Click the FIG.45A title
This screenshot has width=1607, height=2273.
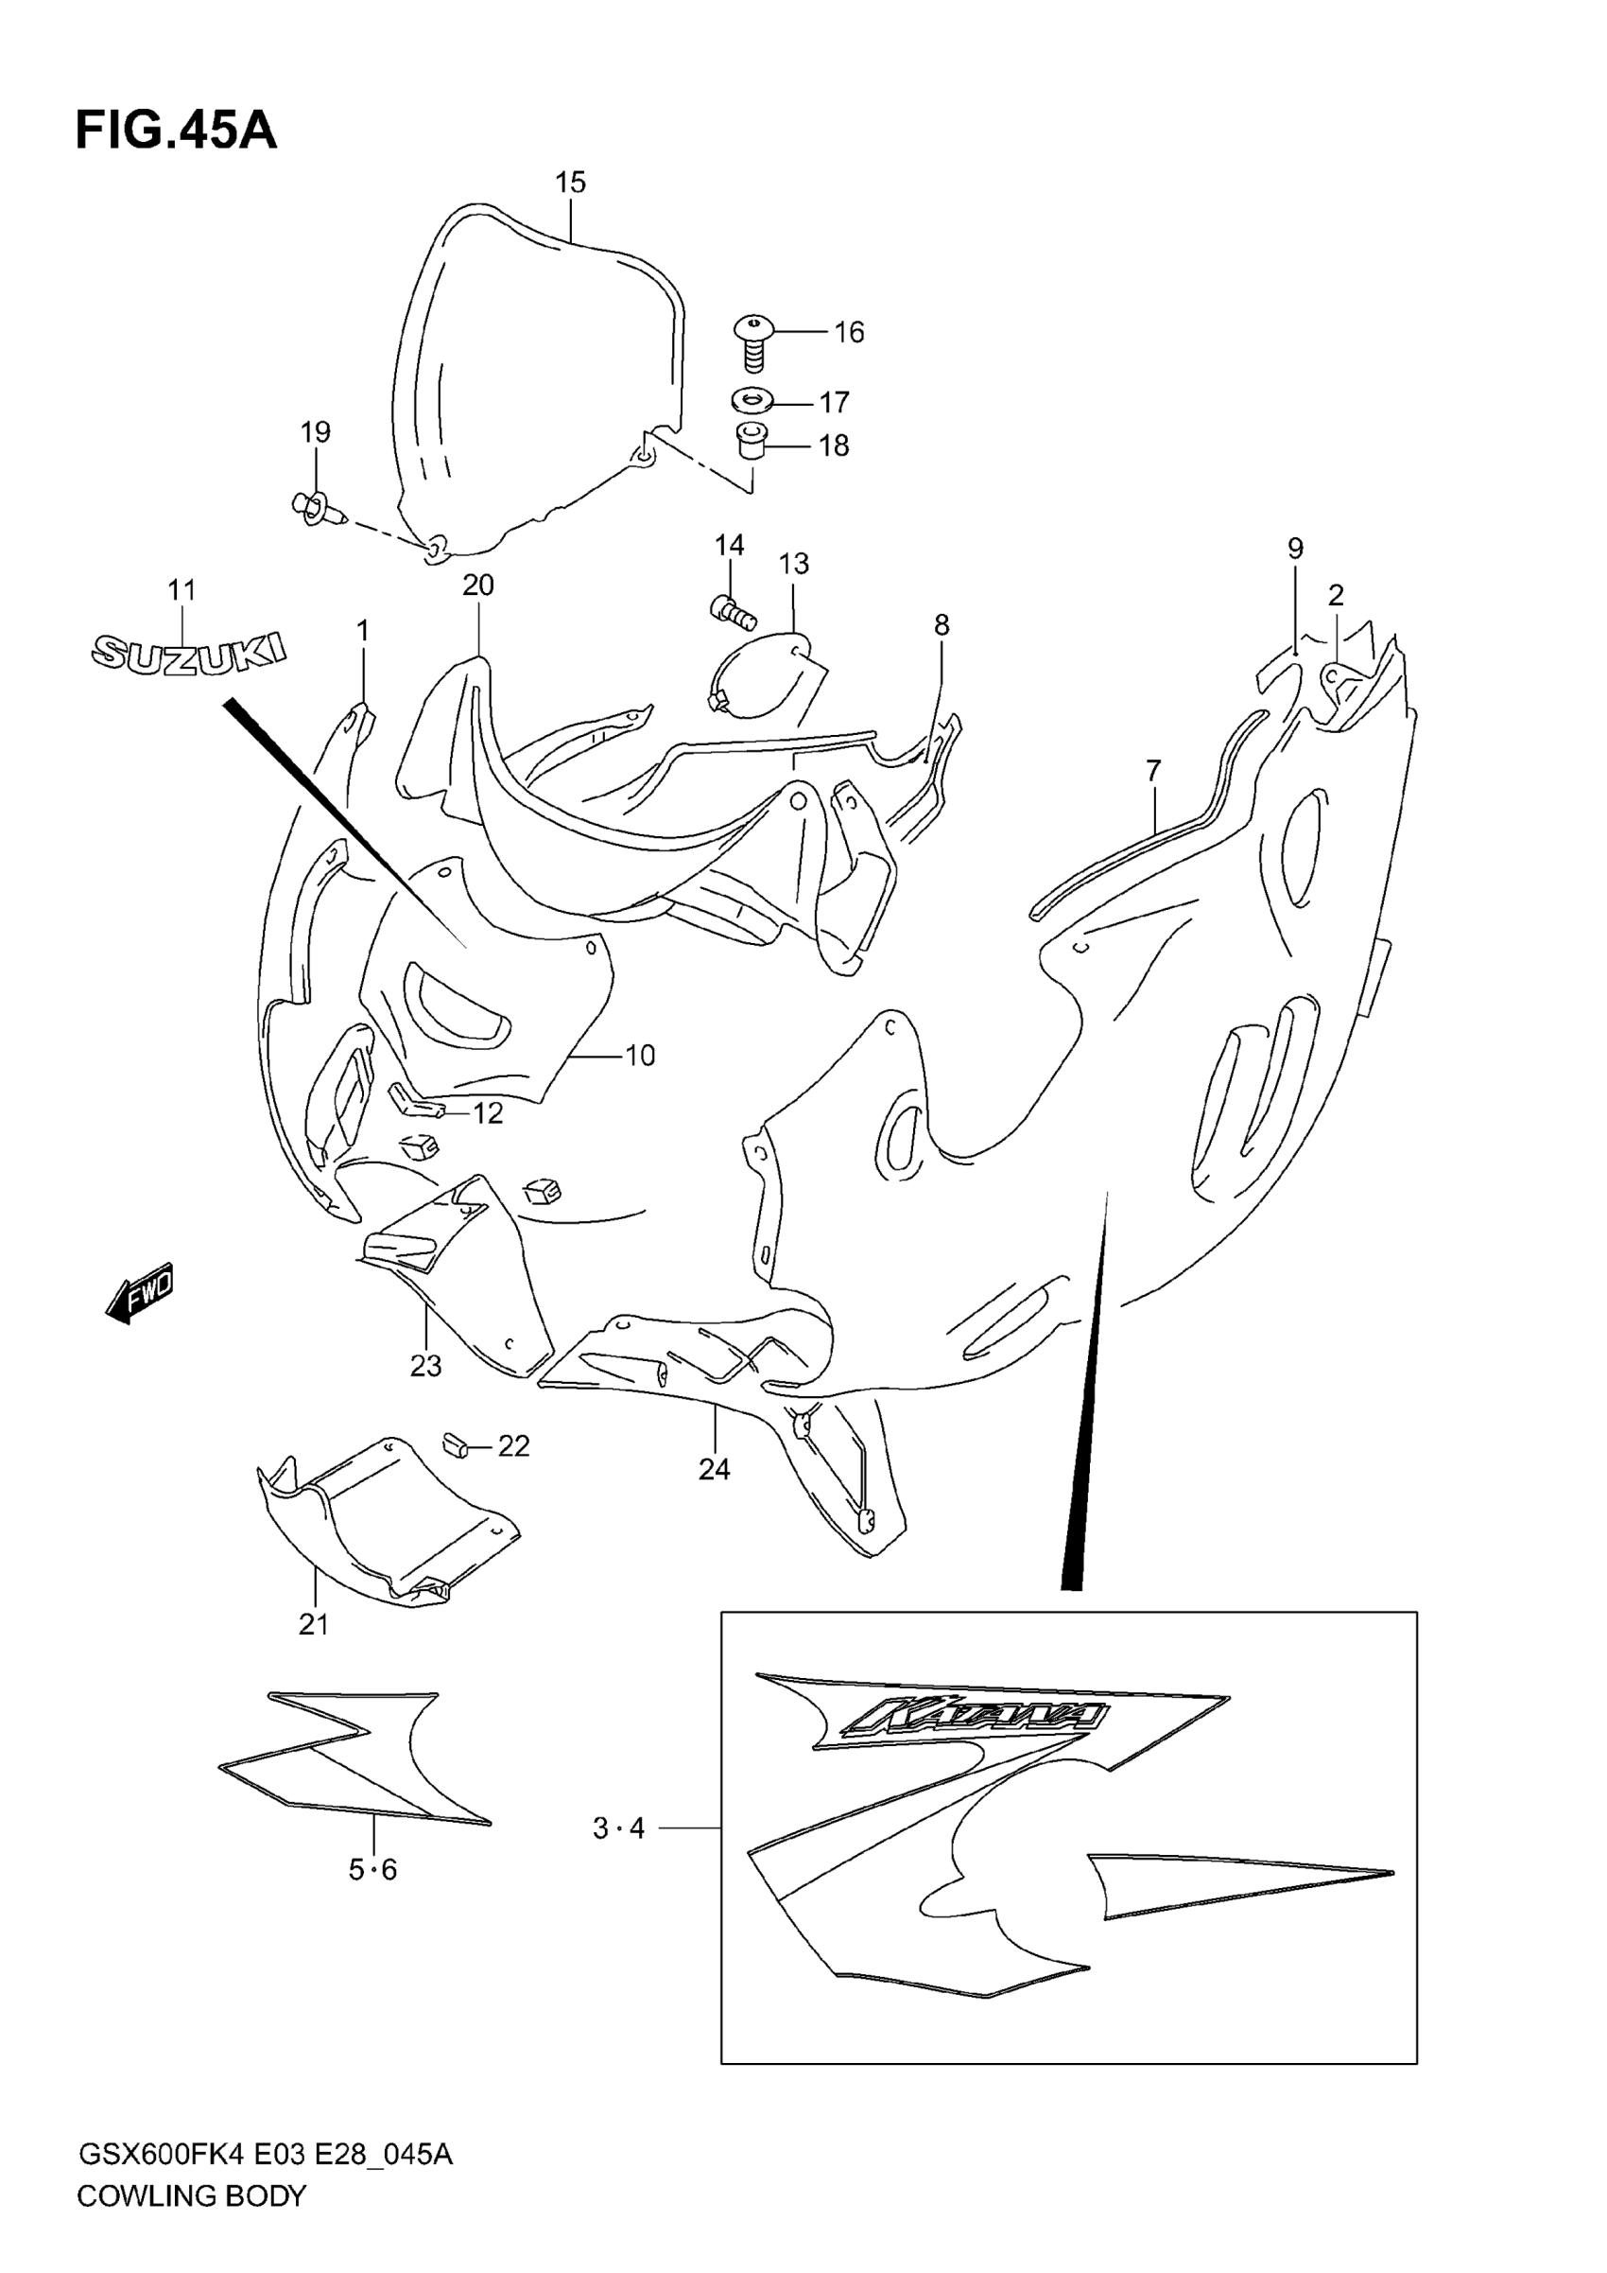176,131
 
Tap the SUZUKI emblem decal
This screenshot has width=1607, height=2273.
188,653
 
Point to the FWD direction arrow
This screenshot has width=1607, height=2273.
141,1292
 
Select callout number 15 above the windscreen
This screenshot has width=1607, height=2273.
570,183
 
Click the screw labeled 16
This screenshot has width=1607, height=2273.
754,341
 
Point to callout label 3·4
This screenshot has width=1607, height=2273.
618,1828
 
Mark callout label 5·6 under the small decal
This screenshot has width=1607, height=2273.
373,1869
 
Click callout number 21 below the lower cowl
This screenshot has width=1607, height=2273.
314,1624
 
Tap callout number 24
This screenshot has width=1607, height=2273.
715,1470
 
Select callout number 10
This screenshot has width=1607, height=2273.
640,1056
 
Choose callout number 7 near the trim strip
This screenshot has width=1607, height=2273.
1154,770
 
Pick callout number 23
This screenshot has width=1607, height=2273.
425,1366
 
